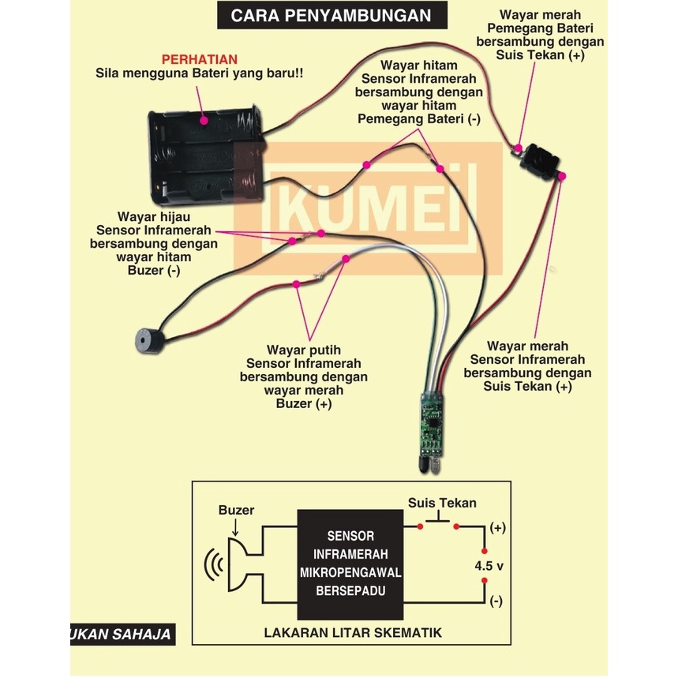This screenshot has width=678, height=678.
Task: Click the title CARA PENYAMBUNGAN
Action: click(332, 15)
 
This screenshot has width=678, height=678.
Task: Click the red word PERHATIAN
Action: click(199, 59)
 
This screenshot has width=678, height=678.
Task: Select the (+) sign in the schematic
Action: click(498, 526)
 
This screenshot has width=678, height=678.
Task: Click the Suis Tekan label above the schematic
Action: click(442, 503)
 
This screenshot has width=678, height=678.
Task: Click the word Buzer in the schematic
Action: click(236, 510)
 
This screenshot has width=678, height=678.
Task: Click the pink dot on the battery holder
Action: click(204, 121)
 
